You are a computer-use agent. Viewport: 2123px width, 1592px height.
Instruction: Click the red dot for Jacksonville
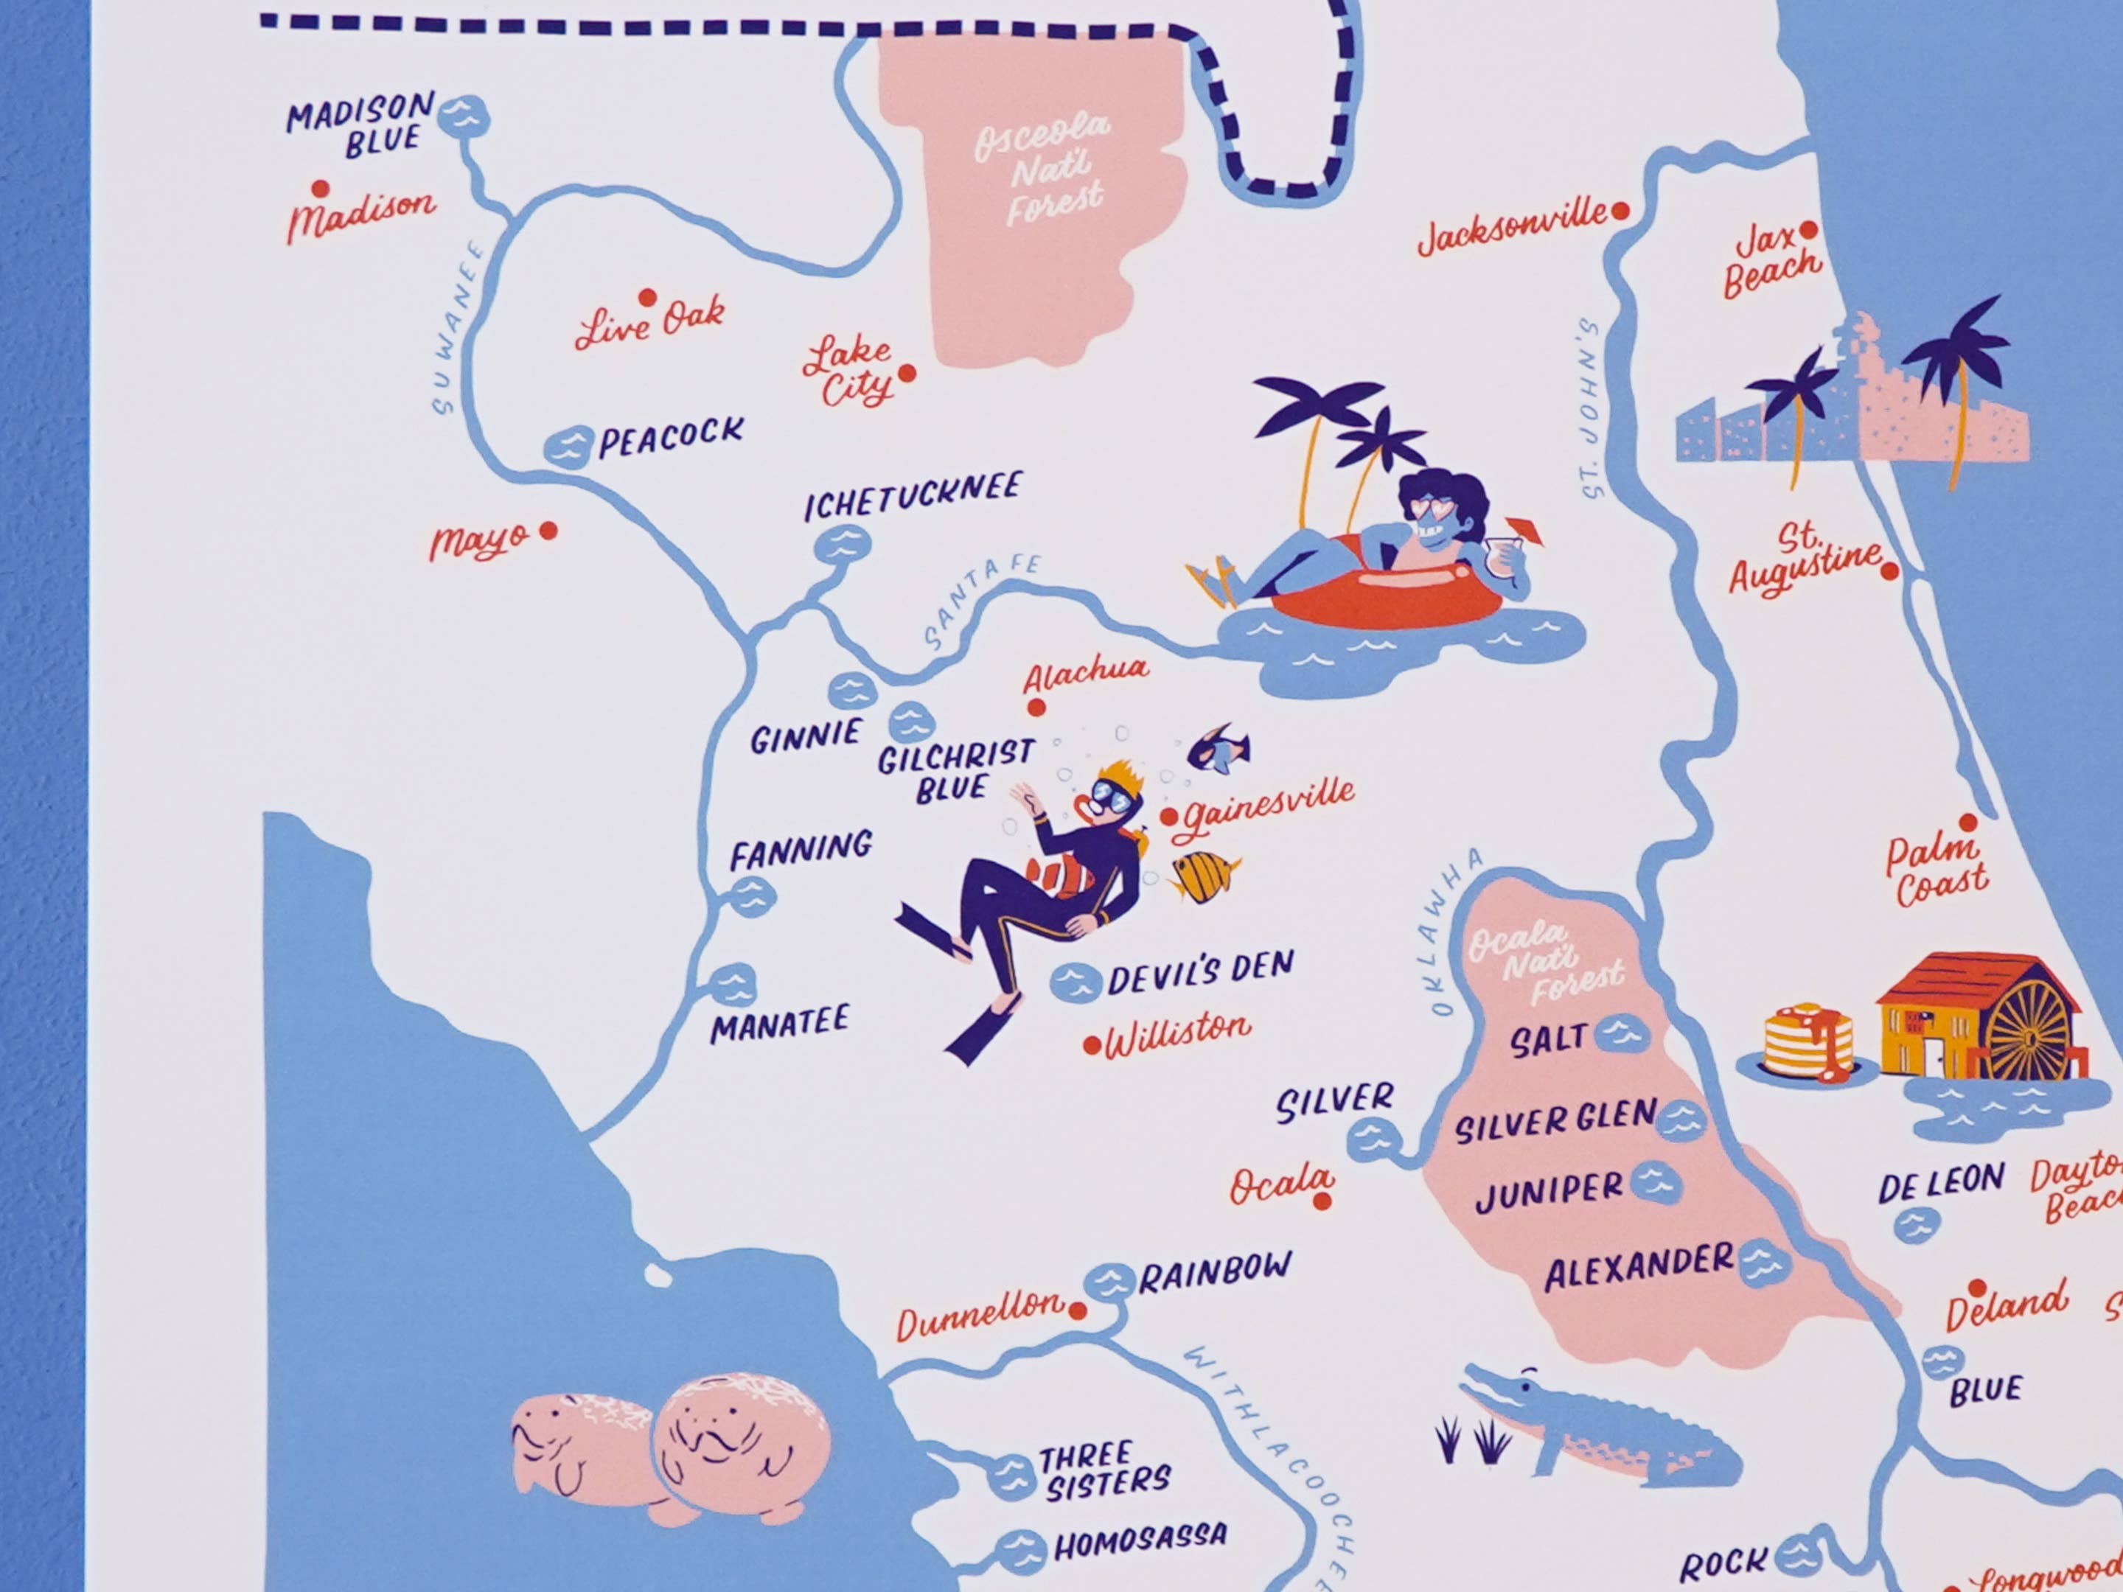[x=1620, y=211]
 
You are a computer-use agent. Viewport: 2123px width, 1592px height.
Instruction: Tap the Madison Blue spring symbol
[x=464, y=117]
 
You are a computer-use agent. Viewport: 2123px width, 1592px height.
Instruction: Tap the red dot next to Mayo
[x=548, y=530]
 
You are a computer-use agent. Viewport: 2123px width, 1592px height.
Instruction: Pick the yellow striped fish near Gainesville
[x=1202, y=875]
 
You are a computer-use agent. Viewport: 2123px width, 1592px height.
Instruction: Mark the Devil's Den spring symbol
[x=1075, y=982]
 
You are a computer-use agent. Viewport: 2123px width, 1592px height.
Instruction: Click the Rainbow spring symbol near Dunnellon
[x=1109, y=1282]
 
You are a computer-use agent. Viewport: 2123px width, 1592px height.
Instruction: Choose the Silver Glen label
[x=1555, y=1123]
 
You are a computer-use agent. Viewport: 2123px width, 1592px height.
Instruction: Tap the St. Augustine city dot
[x=1889, y=572]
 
